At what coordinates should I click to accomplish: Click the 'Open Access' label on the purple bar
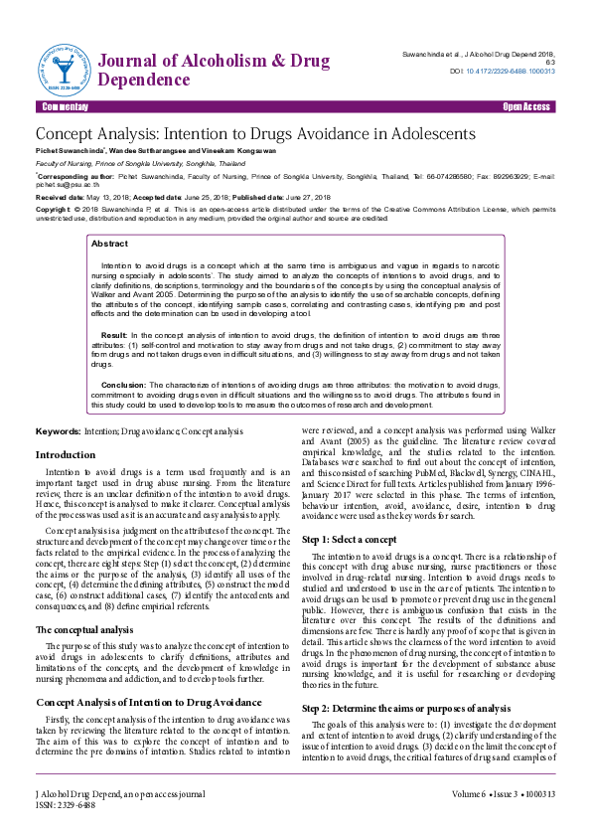(x=525, y=106)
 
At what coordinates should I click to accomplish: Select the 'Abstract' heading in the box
(x=109, y=244)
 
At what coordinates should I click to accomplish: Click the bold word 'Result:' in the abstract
(x=114, y=336)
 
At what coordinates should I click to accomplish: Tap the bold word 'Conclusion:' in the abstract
(x=124, y=383)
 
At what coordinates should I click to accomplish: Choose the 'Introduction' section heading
(x=66, y=454)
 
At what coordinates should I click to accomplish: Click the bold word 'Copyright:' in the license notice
(x=54, y=210)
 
